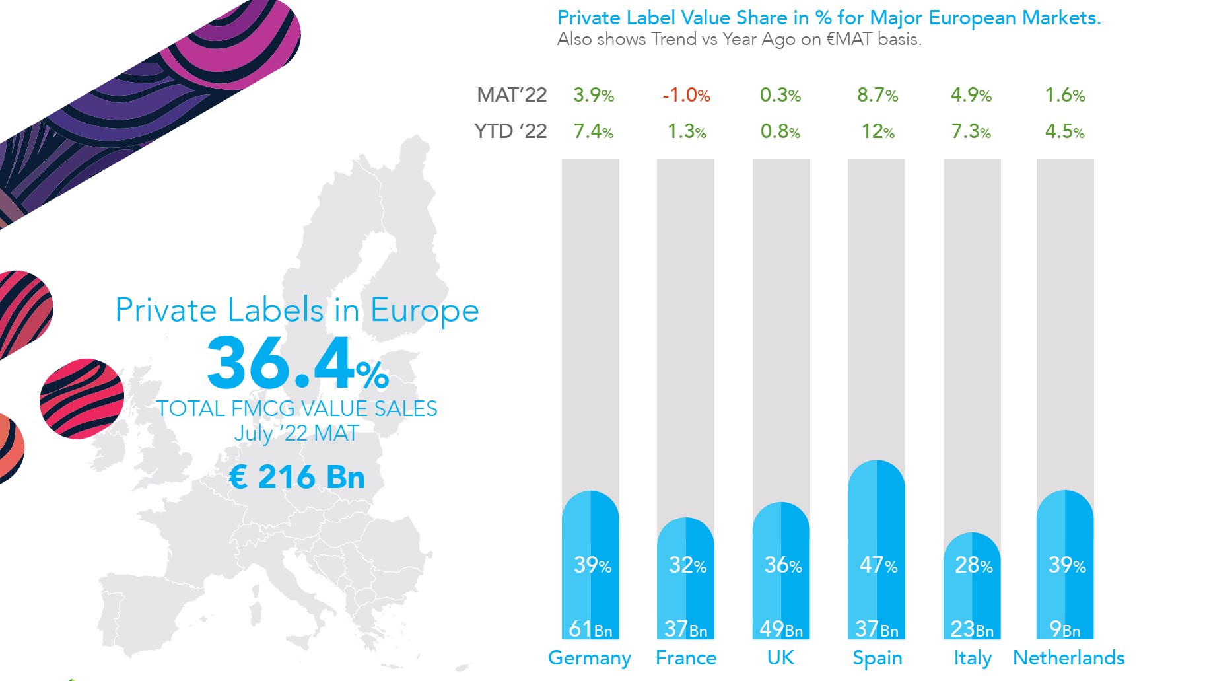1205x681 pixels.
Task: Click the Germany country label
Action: point(589,658)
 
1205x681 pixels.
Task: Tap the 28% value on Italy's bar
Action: point(973,565)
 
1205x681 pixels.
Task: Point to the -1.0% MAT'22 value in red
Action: point(686,95)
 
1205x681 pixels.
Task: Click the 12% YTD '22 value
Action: point(878,131)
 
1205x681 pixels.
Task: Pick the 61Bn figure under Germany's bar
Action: point(590,629)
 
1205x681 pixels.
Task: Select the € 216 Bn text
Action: point(296,477)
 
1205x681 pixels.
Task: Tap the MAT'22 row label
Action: point(512,95)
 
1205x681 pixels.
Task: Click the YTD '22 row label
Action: point(510,131)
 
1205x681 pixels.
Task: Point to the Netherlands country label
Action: point(1068,658)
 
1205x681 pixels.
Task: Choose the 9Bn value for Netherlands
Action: point(1064,629)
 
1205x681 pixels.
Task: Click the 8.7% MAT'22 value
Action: point(878,95)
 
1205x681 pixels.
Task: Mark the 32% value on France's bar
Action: point(687,565)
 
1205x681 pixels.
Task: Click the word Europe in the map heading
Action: point(425,310)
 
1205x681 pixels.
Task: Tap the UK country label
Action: point(780,658)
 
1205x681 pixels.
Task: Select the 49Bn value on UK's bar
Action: point(781,629)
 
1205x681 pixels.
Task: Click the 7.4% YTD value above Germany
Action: point(593,131)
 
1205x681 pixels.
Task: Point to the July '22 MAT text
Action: point(296,433)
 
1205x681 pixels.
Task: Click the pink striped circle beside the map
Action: point(82,398)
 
